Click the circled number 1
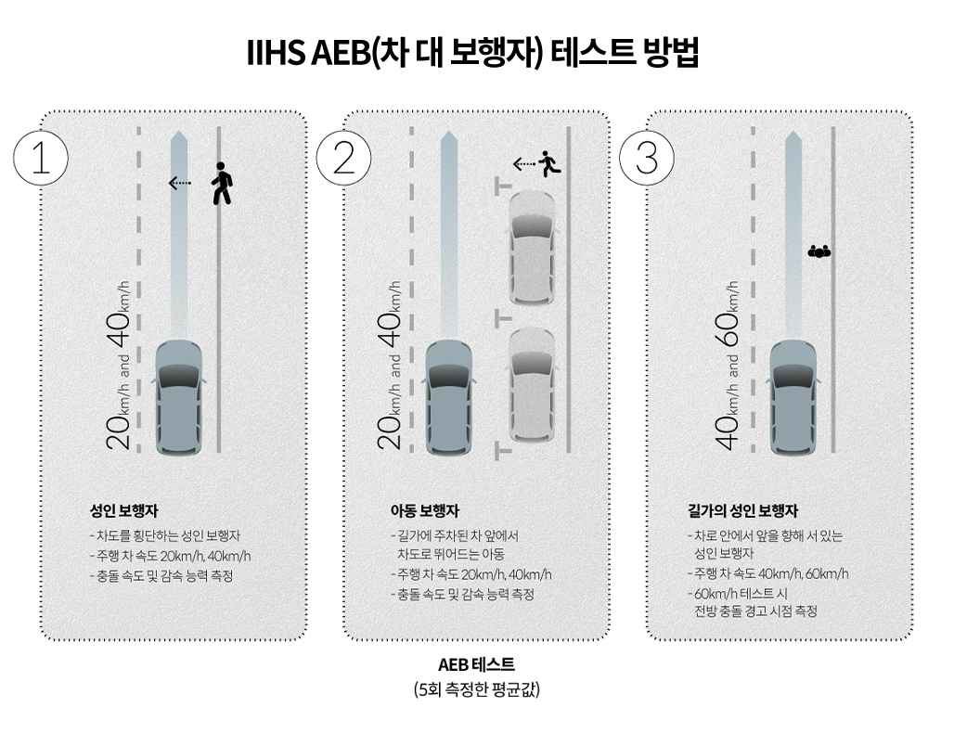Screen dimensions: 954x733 click(x=40, y=158)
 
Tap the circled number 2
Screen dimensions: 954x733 click(x=343, y=158)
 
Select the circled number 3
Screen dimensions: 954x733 click(x=646, y=158)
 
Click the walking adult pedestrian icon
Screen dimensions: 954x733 click(x=222, y=184)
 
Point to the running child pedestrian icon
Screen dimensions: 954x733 click(x=549, y=163)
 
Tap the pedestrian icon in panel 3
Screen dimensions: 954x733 click(x=819, y=251)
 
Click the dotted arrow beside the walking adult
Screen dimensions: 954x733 click(x=179, y=183)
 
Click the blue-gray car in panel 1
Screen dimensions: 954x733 click(x=179, y=398)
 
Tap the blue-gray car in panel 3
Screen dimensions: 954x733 click(x=793, y=398)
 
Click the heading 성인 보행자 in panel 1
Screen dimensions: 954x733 click(x=124, y=510)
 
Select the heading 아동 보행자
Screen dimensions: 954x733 click(x=425, y=510)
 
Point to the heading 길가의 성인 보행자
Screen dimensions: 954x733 click(x=743, y=510)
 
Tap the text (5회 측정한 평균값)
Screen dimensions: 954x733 click(x=476, y=689)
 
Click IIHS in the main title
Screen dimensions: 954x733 click(x=276, y=52)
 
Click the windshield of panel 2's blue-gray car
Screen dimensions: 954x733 click(x=448, y=376)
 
